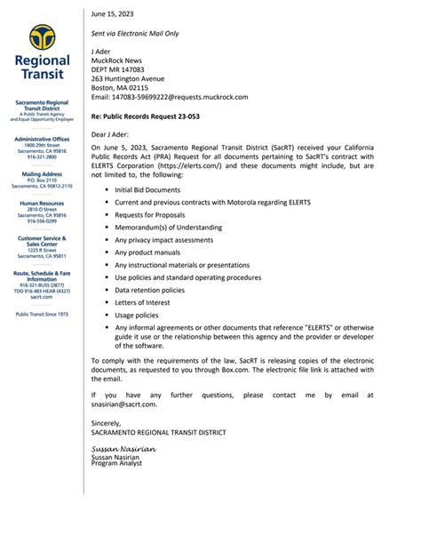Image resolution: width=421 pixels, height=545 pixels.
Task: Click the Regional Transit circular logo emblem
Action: (42, 38)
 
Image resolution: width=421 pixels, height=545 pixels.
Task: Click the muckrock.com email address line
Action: (170, 97)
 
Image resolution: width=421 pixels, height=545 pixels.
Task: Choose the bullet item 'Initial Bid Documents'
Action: (147, 189)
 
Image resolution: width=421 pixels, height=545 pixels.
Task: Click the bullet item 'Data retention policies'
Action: (149, 290)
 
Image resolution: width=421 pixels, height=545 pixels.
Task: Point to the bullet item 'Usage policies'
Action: (136, 315)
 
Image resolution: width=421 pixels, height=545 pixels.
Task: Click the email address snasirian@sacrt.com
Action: (124, 404)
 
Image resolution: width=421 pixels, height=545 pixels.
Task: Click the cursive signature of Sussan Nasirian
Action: (123, 450)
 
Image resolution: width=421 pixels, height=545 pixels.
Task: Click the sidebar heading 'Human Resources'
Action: (42, 203)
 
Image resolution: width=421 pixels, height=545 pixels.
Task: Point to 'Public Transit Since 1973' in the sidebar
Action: (42, 314)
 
